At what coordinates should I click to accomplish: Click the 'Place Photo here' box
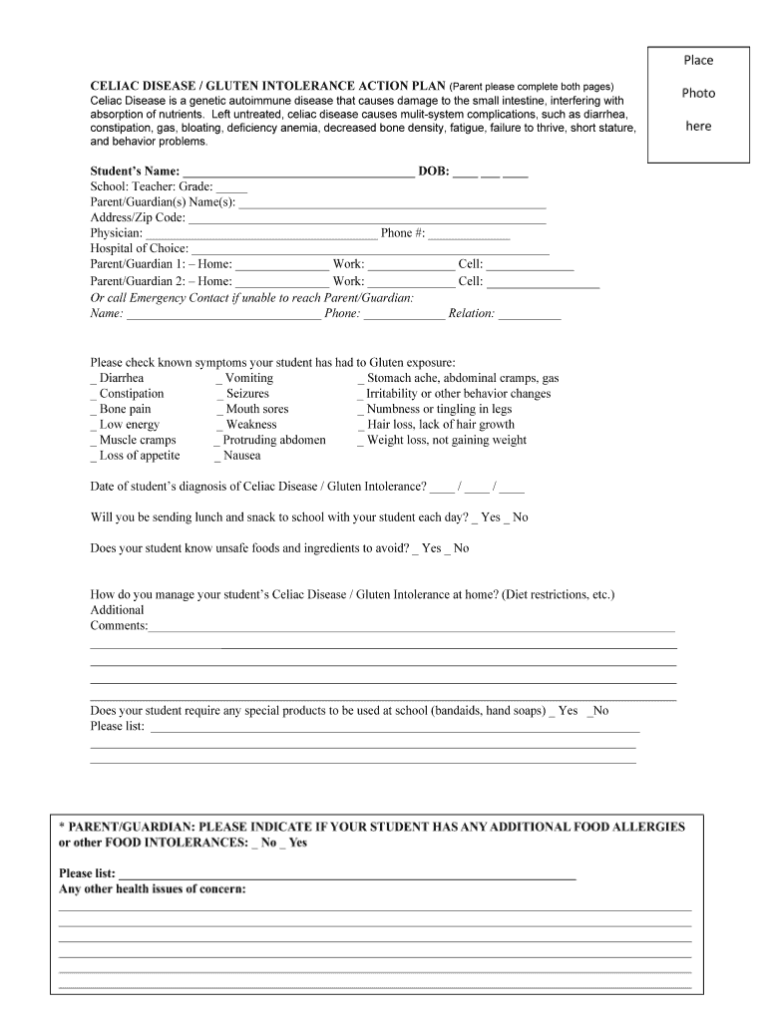pyautogui.click(x=698, y=104)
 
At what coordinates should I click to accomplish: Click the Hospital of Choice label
pyautogui.click(x=139, y=248)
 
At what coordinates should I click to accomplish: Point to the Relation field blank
pyautogui.click(x=529, y=314)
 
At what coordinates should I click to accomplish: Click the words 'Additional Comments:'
pyautogui.click(x=118, y=618)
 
